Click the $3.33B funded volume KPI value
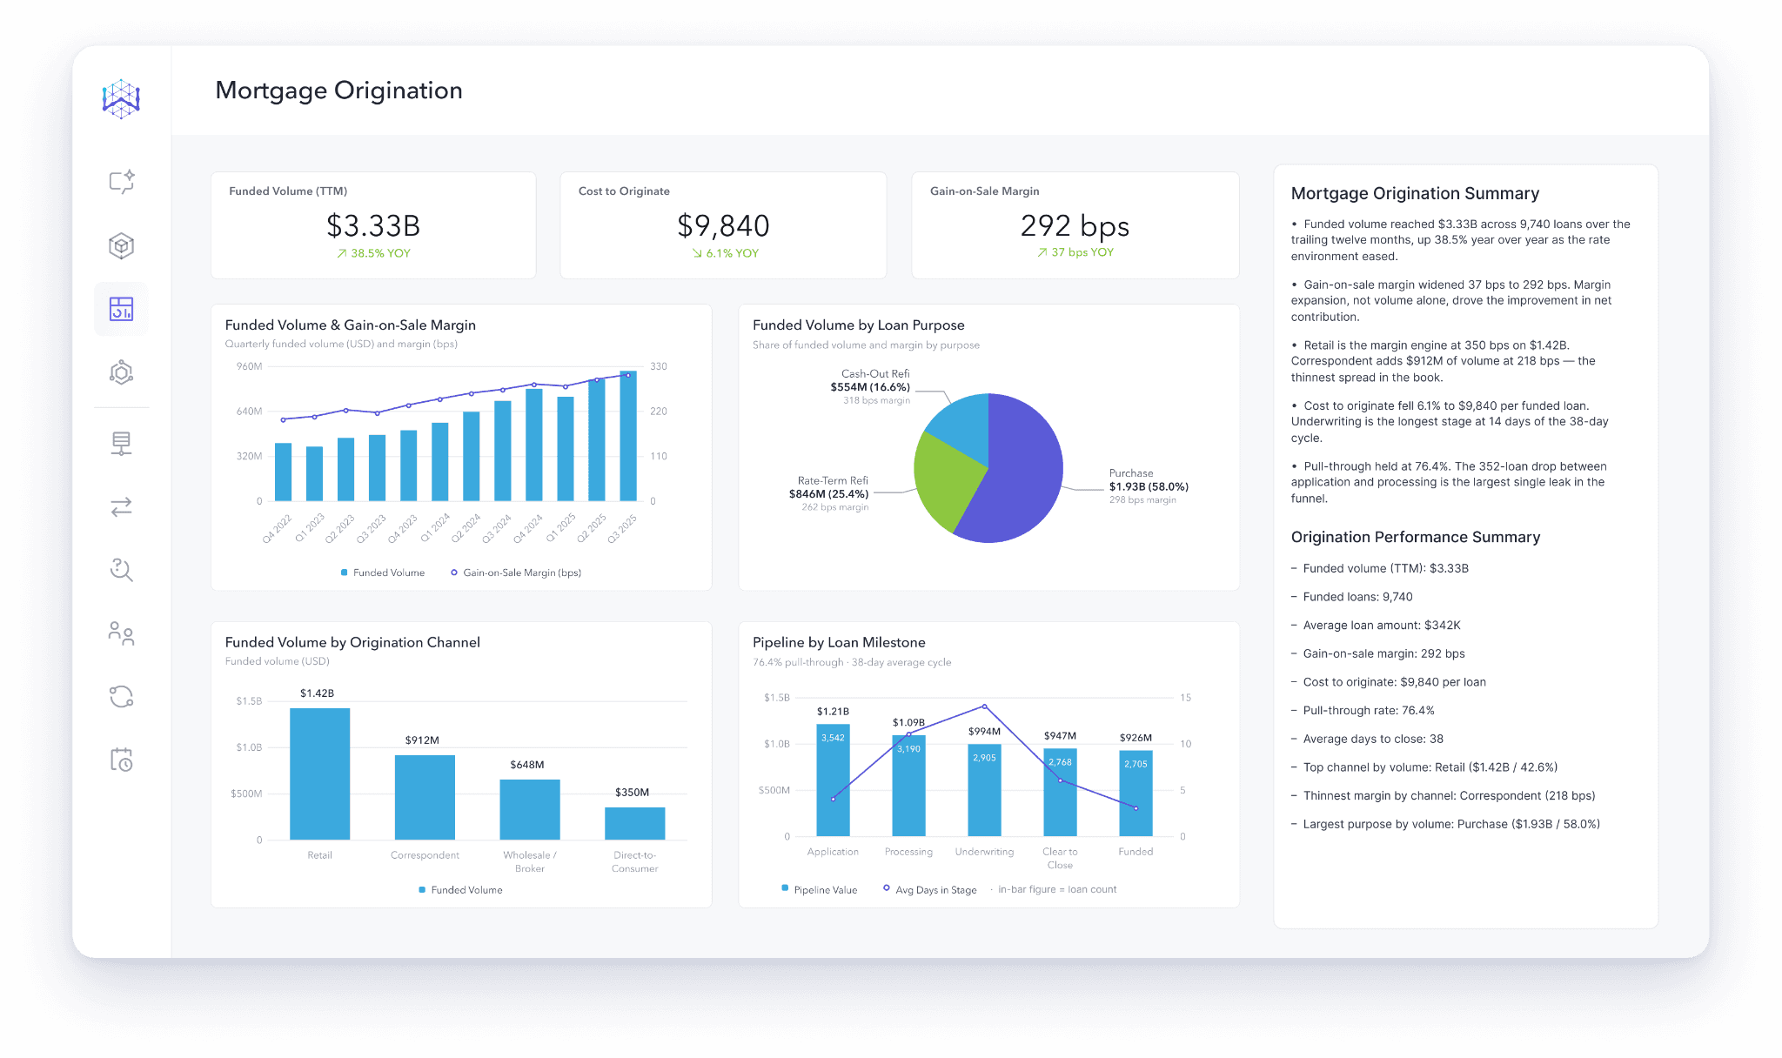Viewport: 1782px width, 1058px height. pyautogui.click(x=373, y=226)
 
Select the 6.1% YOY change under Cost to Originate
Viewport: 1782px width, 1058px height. pyautogui.click(x=726, y=253)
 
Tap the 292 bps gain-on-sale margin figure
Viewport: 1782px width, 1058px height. pyautogui.click(x=1075, y=226)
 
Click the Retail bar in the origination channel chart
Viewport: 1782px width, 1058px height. pyautogui.click(x=320, y=773)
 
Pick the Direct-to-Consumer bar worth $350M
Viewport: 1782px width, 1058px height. pyautogui.click(x=635, y=823)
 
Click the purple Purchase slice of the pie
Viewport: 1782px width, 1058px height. pyautogui.click(x=1018, y=470)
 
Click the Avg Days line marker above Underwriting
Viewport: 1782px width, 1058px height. pyautogui.click(x=984, y=706)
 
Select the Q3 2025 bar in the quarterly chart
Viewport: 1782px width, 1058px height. pyautogui.click(x=628, y=436)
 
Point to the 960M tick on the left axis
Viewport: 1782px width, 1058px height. pyautogui.click(x=249, y=366)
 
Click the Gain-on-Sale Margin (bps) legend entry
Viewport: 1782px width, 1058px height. pyautogui.click(x=516, y=573)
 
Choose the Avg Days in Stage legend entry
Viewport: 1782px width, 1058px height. pyautogui.click(x=929, y=889)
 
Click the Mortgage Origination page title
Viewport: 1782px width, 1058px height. pyautogui.click(x=338, y=90)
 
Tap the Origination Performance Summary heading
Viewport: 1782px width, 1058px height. pyautogui.click(x=1416, y=537)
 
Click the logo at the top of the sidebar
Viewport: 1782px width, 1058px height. pyautogui.click(x=121, y=99)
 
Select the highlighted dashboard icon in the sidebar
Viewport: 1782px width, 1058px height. pyautogui.click(x=121, y=309)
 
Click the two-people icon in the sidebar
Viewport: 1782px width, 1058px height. pyautogui.click(x=121, y=633)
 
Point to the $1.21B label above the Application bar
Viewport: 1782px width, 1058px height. pyautogui.click(x=833, y=712)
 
